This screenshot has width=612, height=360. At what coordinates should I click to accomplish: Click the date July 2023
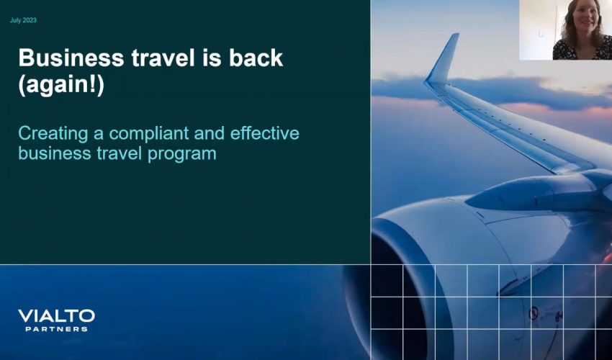click(23, 20)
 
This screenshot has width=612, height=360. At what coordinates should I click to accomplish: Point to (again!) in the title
click(60, 86)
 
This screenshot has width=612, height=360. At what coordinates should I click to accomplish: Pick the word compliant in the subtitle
click(148, 134)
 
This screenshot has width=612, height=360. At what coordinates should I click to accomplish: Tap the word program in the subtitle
click(183, 153)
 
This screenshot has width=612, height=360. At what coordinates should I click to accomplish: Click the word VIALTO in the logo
click(56, 316)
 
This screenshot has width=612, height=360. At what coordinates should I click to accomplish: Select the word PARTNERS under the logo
click(56, 329)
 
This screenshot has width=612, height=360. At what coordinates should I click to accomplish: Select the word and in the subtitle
click(212, 134)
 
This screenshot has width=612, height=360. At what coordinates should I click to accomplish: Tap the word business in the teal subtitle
click(47, 153)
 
